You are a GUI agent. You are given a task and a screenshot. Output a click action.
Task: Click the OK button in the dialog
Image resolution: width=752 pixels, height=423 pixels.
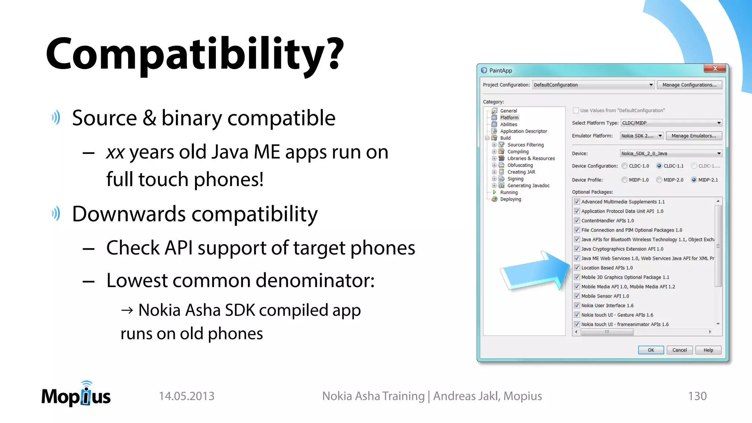coord(651,350)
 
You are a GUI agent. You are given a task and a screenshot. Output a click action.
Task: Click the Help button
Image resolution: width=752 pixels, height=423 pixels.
coord(708,350)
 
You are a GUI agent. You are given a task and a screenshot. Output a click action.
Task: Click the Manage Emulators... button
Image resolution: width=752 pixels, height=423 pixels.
coord(694,135)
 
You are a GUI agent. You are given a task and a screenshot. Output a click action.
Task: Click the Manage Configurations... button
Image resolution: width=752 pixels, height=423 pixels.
coord(689,85)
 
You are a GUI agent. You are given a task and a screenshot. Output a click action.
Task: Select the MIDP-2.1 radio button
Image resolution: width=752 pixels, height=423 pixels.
coord(694,180)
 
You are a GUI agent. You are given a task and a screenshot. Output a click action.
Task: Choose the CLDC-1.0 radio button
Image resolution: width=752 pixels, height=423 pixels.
coord(625,166)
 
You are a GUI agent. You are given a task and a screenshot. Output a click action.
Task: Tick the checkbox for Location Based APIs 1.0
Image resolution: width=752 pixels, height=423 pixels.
coord(577,268)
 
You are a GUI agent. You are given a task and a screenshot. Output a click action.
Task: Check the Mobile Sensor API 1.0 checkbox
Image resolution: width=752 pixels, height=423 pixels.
coord(577,296)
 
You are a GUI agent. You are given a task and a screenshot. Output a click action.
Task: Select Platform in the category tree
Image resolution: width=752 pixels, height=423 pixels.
coord(509,117)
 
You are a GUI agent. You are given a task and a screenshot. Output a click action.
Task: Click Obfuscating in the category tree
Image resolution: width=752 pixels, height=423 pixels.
coord(520,165)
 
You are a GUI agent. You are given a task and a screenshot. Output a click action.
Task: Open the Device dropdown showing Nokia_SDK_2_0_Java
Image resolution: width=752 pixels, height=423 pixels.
coord(671,153)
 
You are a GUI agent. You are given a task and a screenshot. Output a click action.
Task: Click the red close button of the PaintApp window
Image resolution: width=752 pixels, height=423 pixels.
coord(715,69)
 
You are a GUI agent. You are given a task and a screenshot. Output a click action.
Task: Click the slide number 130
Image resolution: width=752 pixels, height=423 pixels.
coord(697,396)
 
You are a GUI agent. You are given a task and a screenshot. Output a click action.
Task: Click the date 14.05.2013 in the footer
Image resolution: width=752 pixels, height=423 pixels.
coord(187,396)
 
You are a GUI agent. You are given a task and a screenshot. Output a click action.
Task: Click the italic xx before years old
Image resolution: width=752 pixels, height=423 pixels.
coord(115,152)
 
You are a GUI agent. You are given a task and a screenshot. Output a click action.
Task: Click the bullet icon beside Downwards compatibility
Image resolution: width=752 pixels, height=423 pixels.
coord(56,213)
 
